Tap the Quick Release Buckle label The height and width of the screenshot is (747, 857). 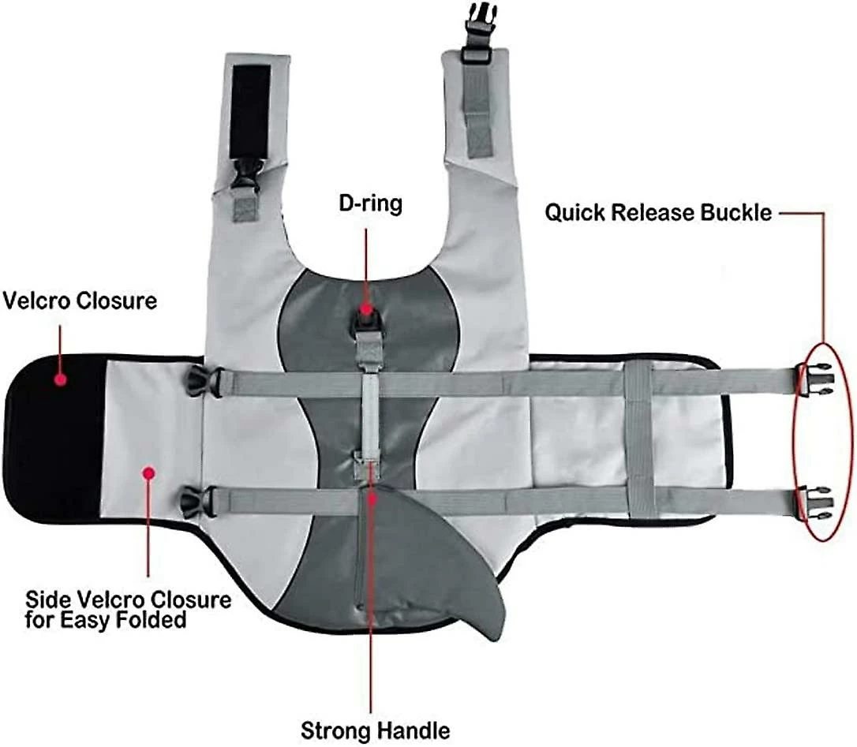tap(658, 212)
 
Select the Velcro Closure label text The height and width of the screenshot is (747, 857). tap(80, 301)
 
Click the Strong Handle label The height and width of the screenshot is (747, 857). tap(375, 730)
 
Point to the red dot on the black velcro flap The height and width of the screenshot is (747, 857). tap(60, 380)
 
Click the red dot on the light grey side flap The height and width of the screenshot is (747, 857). tap(148, 472)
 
